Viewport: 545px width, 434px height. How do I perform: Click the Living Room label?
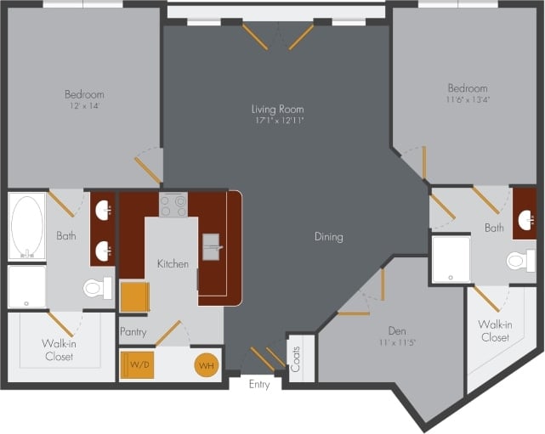[x=277, y=109]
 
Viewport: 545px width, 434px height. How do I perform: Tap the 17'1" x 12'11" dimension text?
[x=277, y=121]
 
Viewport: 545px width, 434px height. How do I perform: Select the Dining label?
[x=327, y=237]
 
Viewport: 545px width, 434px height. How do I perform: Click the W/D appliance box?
[x=140, y=365]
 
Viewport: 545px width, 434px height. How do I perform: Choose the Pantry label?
[x=133, y=331]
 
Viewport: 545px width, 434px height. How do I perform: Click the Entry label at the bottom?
[x=259, y=385]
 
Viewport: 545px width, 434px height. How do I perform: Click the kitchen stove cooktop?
[x=173, y=205]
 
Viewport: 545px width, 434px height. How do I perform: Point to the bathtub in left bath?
[x=27, y=227]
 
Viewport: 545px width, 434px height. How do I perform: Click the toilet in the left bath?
[x=97, y=289]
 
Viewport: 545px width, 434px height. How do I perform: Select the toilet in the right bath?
[x=520, y=260]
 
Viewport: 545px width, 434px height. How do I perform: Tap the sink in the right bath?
[x=525, y=220]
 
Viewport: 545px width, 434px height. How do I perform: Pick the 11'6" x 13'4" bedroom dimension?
[x=468, y=100]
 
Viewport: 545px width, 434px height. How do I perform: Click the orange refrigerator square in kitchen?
[x=134, y=297]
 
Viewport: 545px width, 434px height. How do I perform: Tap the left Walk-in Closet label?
[x=59, y=350]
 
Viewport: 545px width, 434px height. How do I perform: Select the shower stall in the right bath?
[x=451, y=259]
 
